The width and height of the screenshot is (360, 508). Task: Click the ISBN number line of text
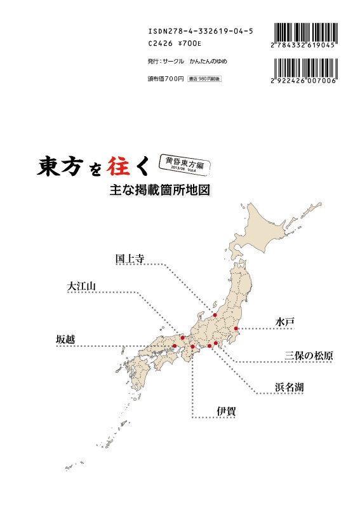click(x=200, y=30)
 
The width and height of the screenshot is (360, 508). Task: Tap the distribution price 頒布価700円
click(x=164, y=79)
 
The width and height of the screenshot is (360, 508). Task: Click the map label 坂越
click(x=65, y=340)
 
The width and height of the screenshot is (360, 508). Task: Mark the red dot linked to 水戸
click(x=236, y=329)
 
